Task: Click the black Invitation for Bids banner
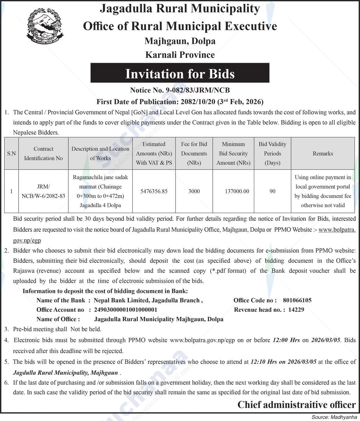coord(180,73)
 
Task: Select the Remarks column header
coord(323,154)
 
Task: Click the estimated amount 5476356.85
coord(154,191)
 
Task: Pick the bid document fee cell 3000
coord(194,191)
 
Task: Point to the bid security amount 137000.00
coord(237,191)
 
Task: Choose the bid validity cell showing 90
coord(272,191)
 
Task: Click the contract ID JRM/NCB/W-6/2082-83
coord(43,191)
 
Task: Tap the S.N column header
coord(11,154)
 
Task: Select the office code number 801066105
coord(297,300)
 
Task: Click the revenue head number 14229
coord(296,310)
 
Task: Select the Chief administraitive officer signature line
coord(296,405)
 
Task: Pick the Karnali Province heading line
coord(180,55)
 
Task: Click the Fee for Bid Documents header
coord(194,154)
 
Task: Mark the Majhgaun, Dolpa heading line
coord(180,41)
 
